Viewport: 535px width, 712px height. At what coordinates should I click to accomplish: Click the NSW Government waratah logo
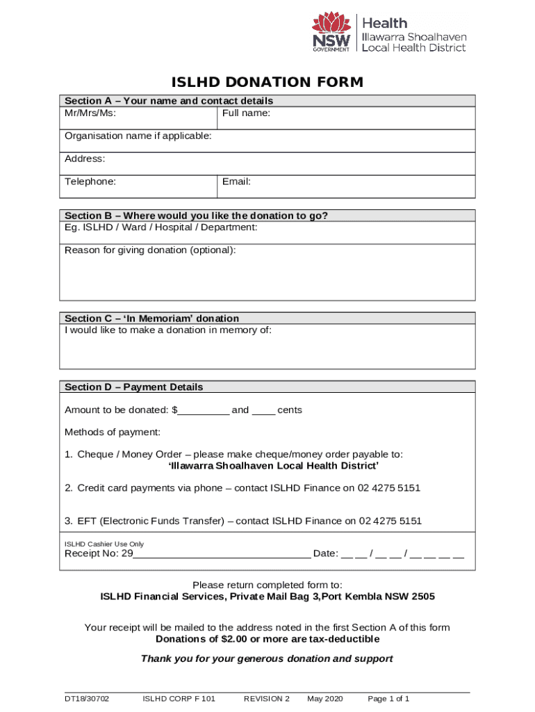pos(331,32)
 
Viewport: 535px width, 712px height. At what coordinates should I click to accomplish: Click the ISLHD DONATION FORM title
pos(267,83)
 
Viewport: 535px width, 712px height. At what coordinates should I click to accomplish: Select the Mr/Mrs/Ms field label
pos(90,113)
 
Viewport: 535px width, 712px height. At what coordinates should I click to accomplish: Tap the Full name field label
pos(246,113)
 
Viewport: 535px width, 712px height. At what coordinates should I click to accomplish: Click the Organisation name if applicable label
pos(138,136)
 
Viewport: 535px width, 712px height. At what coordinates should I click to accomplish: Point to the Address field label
pos(85,159)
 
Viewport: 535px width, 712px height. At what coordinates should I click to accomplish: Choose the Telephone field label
pos(90,181)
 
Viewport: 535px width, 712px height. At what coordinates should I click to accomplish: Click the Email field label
pos(236,181)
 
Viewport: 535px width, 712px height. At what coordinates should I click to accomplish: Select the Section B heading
pos(196,216)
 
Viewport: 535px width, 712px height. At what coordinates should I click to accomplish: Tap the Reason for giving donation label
pos(150,250)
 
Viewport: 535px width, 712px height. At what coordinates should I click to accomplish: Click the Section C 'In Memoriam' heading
pos(151,318)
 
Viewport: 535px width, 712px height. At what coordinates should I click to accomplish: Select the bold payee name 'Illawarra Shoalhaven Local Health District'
pos(274,465)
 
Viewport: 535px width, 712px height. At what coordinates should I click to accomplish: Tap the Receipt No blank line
pos(222,555)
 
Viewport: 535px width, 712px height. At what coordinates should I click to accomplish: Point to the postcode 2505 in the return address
pos(423,597)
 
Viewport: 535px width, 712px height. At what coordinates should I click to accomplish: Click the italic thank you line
pos(267,658)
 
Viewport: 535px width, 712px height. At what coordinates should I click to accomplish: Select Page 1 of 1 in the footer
pos(388,699)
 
